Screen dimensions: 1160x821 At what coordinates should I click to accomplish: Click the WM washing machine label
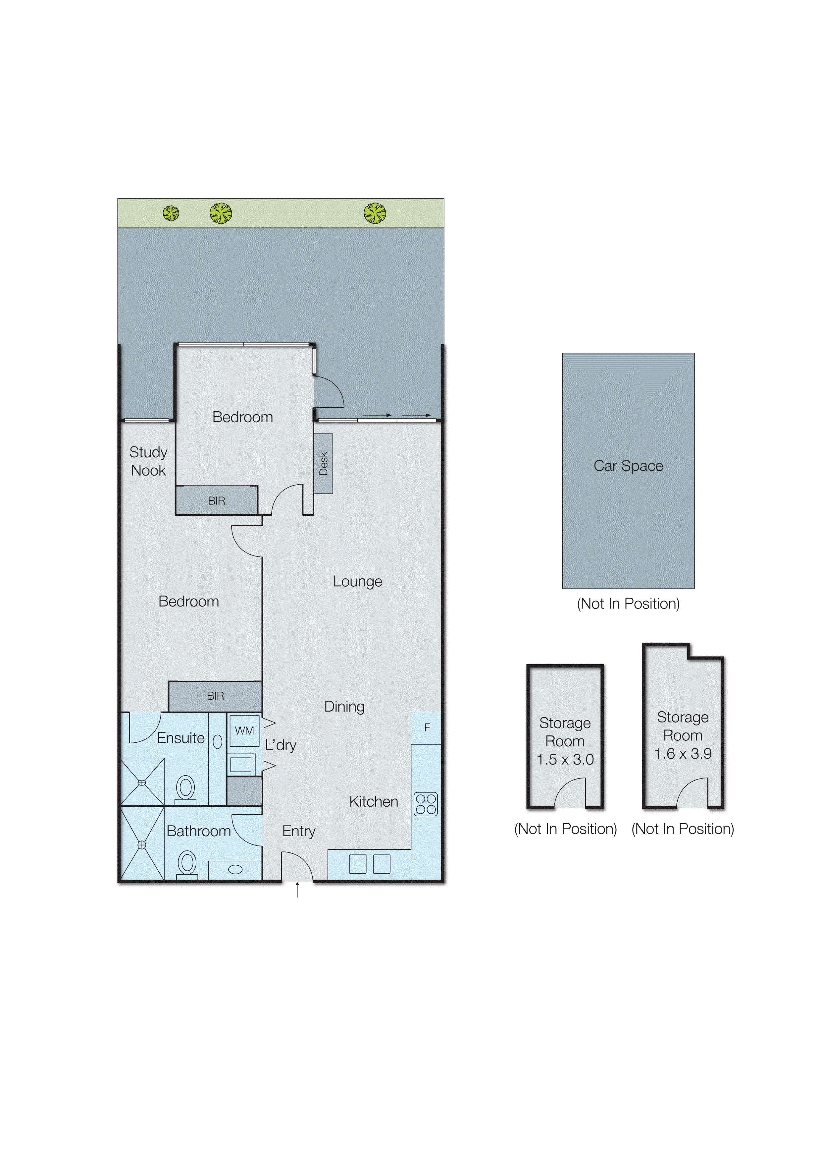point(244,730)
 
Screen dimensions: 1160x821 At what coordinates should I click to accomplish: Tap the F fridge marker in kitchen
point(427,727)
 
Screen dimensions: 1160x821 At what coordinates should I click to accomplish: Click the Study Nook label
point(148,461)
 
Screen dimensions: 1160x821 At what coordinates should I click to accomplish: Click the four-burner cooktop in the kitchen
point(426,804)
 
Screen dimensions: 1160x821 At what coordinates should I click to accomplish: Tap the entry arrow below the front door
point(297,889)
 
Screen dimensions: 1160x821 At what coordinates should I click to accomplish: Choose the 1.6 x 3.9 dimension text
point(683,754)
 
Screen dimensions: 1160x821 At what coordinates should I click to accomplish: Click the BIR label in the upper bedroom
point(216,501)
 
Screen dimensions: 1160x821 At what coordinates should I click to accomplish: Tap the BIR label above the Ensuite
point(215,696)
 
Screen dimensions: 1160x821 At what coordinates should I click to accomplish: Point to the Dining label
point(344,707)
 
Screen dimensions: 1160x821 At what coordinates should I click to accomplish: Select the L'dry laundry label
point(281,745)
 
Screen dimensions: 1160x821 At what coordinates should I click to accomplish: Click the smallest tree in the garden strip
point(171,213)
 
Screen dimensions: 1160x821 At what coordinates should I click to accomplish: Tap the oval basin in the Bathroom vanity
point(235,869)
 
